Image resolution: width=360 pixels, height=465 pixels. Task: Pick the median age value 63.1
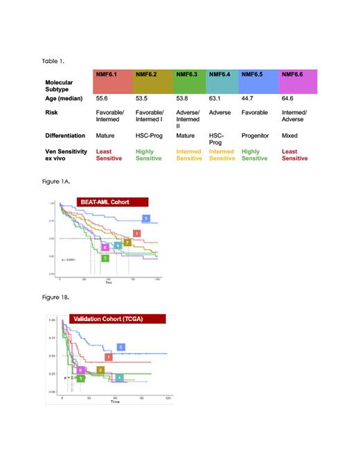(215, 99)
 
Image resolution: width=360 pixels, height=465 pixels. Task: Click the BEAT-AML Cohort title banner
(104, 202)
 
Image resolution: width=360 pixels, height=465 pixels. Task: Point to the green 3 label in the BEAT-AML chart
(105, 257)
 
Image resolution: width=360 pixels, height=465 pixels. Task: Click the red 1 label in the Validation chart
(109, 356)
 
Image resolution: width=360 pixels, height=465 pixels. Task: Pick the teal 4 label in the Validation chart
(119, 377)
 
